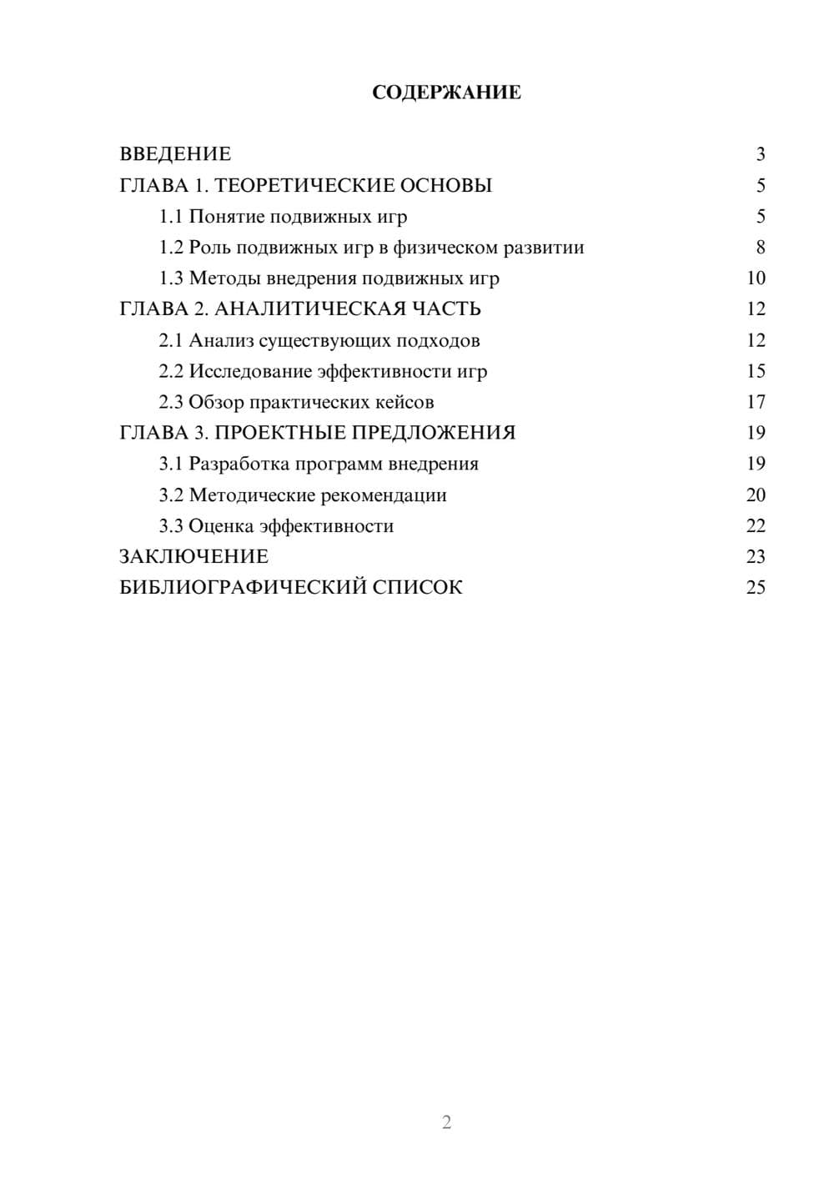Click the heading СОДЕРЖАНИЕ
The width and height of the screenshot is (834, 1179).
coord(446,93)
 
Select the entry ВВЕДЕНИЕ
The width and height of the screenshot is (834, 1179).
coord(175,154)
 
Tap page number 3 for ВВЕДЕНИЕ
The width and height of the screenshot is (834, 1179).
coord(760,154)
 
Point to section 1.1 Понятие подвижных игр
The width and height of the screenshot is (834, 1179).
coord(283,217)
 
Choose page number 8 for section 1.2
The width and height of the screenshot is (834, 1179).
coord(760,248)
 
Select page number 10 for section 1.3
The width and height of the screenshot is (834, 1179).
coord(756,278)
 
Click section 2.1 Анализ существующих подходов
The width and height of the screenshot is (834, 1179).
coord(319,340)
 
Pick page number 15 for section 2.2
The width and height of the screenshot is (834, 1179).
coord(756,371)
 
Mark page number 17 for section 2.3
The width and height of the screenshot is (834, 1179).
coord(756,402)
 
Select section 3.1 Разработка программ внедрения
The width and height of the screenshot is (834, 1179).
coord(319,464)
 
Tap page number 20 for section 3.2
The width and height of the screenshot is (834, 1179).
coord(756,495)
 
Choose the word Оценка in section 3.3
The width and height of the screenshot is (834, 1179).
coord(221,526)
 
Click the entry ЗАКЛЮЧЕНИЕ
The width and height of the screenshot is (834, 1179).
coord(193,557)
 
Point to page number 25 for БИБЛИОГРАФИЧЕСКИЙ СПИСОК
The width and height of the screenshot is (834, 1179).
coord(756,588)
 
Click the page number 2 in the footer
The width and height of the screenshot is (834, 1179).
coord(446,1122)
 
